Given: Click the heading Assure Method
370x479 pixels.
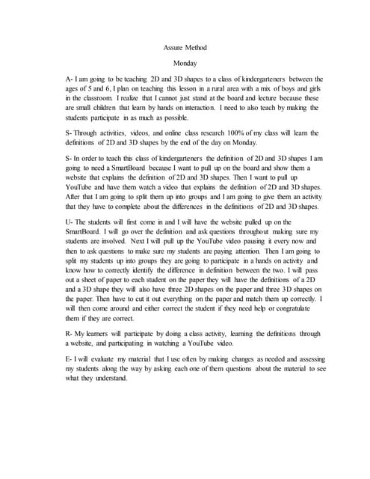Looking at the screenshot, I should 185,48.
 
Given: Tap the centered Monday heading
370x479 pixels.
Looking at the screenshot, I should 185,64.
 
